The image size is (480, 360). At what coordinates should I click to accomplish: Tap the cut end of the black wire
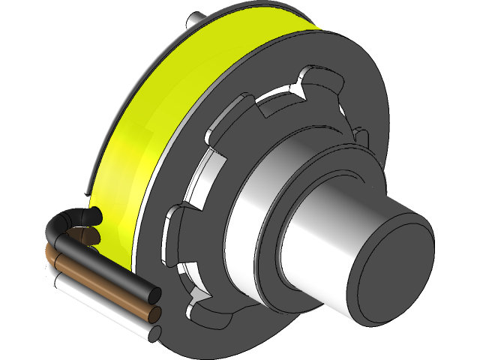pyautogui.click(x=154, y=295)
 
